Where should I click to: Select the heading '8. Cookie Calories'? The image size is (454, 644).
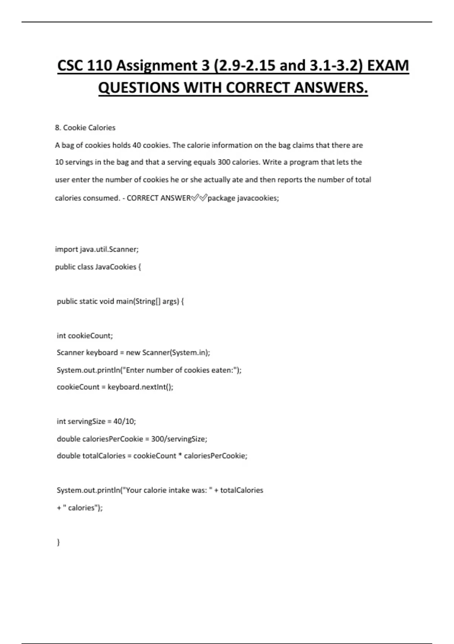(x=85, y=128)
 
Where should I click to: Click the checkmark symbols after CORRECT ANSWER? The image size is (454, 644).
(x=199, y=198)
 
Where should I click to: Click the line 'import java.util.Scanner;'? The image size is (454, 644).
(x=97, y=249)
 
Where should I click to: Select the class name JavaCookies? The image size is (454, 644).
(x=115, y=267)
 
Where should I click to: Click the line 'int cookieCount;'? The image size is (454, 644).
(x=85, y=336)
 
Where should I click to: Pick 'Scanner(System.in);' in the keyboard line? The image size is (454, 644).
(x=176, y=353)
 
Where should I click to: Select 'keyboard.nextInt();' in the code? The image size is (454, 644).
(x=140, y=387)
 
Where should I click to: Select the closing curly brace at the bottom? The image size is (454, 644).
(x=58, y=542)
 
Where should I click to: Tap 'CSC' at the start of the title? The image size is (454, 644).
(x=71, y=66)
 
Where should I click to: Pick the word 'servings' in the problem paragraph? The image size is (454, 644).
(x=79, y=162)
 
